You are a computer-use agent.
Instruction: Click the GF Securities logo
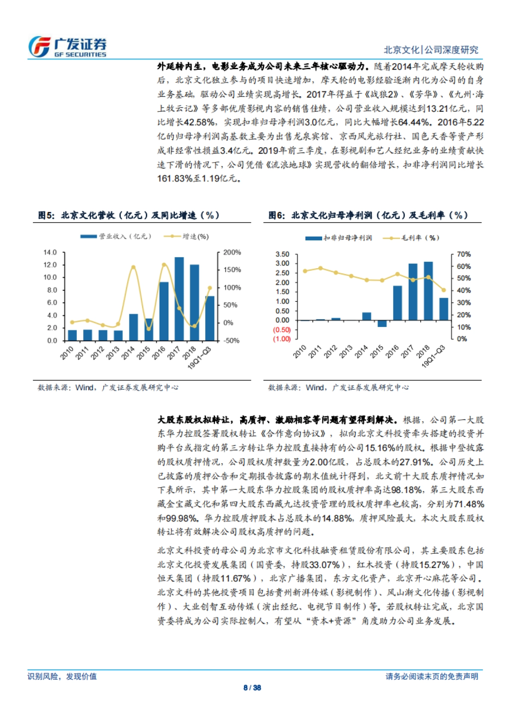(x=67, y=47)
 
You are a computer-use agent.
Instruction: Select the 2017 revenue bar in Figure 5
(x=179, y=299)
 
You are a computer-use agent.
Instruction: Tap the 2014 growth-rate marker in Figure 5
(x=133, y=268)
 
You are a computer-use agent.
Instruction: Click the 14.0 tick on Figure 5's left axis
(x=50, y=252)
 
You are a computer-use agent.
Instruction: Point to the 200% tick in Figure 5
(x=232, y=252)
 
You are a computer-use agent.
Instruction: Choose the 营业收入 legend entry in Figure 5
(x=116, y=236)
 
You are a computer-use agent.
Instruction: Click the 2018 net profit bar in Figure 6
(x=428, y=291)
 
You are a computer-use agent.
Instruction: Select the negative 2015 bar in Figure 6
(x=382, y=324)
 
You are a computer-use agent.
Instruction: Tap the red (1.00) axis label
(x=282, y=339)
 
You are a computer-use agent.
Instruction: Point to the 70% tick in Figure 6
(x=464, y=254)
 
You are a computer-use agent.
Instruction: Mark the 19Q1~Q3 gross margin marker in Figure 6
(x=444, y=290)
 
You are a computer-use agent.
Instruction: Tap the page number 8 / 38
(x=252, y=687)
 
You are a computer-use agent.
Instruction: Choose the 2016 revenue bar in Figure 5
(x=164, y=311)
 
